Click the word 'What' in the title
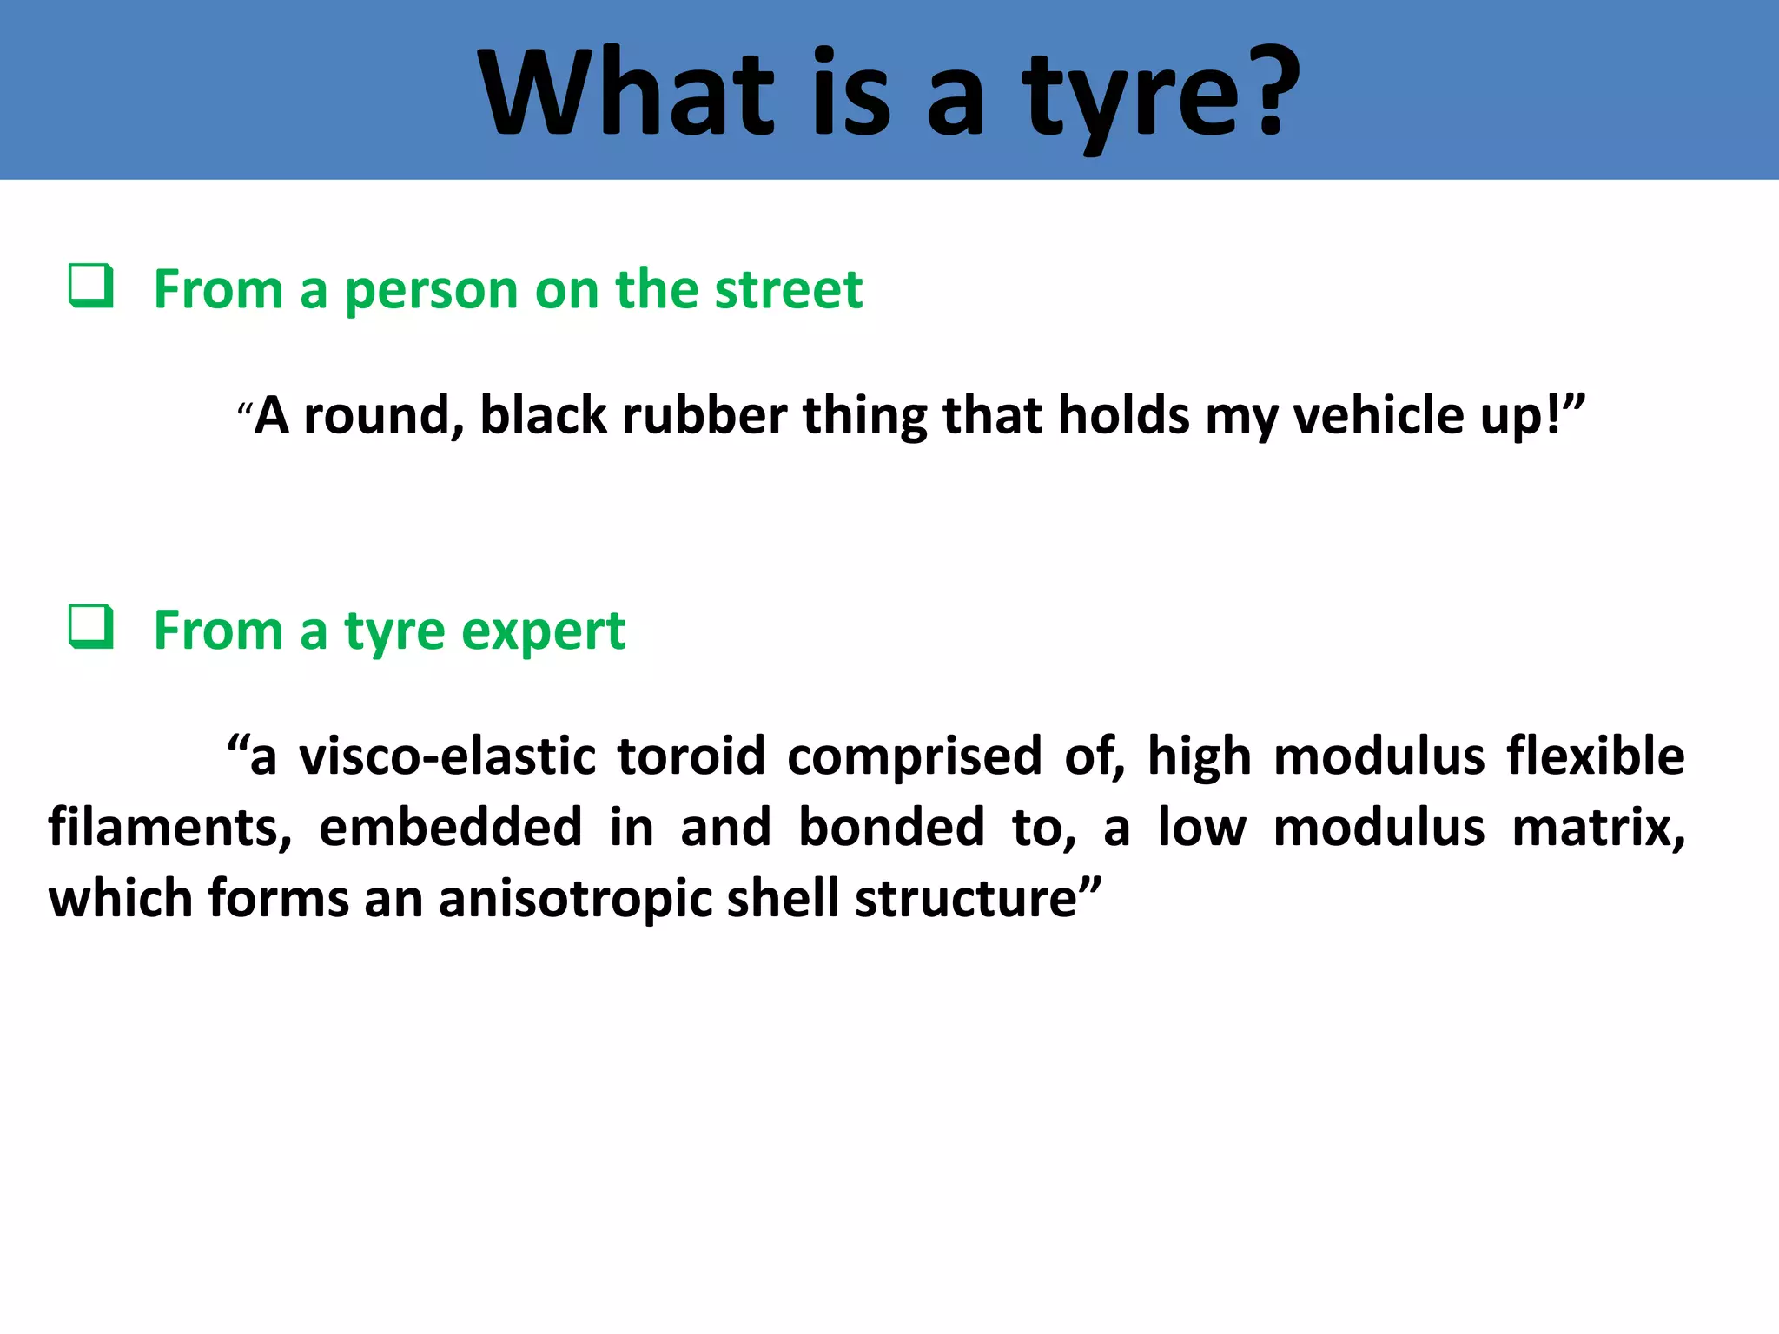click(x=625, y=94)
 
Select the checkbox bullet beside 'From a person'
click(x=91, y=286)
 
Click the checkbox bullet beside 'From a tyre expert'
click(x=91, y=627)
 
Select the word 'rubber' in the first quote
click(x=704, y=415)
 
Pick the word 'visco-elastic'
click(x=446, y=756)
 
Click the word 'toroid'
click(x=691, y=756)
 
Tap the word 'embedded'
click(x=450, y=827)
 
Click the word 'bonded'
click(x=890, y=827)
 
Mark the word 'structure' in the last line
click(x=966, y=900)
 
